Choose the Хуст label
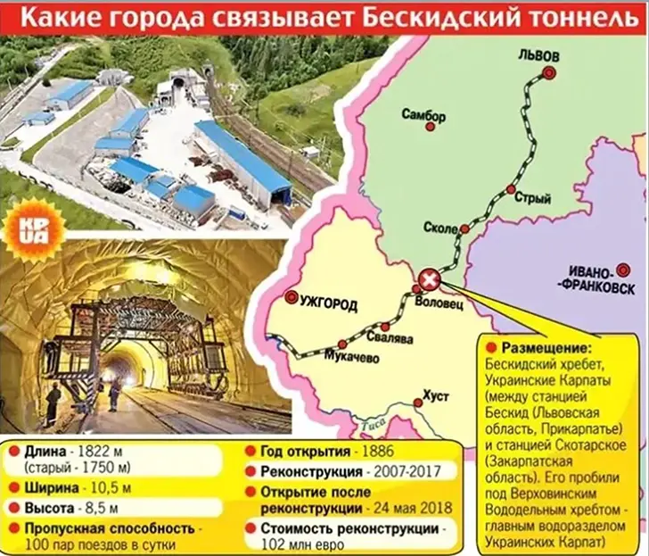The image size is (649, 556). pos(437,394)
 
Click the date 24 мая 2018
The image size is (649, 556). pos(415,508)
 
